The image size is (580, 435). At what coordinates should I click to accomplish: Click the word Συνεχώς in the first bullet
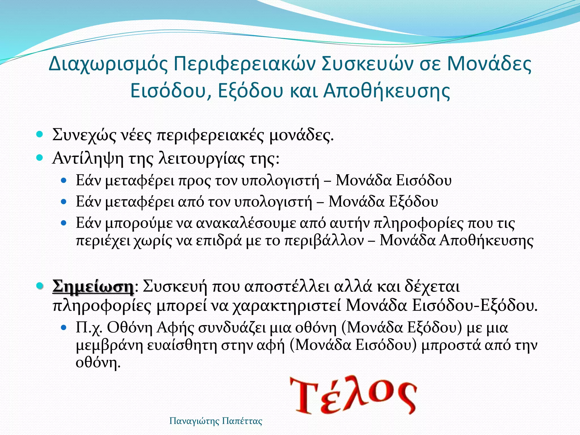point(84,135)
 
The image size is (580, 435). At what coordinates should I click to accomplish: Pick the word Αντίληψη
point(88,159)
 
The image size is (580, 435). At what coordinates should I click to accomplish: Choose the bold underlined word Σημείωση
point(93,287)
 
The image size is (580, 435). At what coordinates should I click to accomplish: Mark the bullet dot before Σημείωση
point(40,286)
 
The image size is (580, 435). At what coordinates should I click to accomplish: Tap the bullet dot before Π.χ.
point(64,328)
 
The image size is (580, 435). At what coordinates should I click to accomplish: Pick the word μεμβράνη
point(110,346)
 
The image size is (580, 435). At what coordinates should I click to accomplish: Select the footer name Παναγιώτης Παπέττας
point(216,421)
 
